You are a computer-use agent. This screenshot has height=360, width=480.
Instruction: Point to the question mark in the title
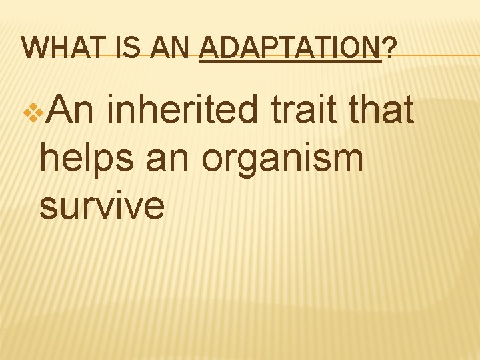(x=389, y=48)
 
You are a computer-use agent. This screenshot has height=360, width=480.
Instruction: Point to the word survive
(x=101, y=207)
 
